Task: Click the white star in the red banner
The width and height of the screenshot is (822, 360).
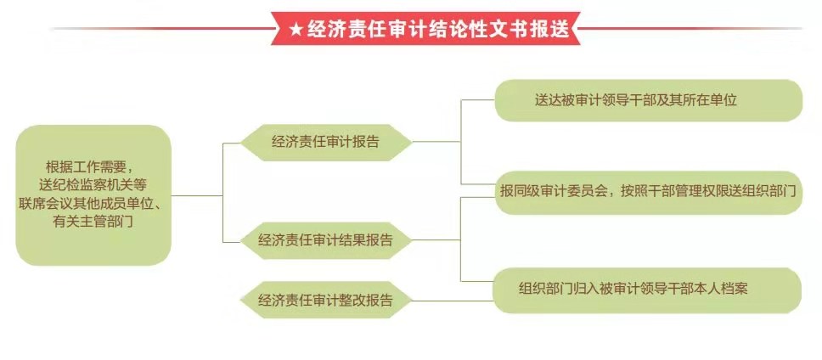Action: (296, 30)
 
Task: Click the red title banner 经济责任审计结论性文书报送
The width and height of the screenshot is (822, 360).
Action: (425, 28)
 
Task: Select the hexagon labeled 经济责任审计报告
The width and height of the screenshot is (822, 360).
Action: (325, 143)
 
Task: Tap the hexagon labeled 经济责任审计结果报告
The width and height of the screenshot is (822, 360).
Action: (325, 240)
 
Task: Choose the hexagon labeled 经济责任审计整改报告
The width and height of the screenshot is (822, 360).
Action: (325, 301)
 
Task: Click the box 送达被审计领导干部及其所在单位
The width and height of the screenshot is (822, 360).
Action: (649, 100)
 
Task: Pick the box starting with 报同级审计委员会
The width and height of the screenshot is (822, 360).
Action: (649, 193)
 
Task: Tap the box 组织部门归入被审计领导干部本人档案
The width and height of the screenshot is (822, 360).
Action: (647, 290)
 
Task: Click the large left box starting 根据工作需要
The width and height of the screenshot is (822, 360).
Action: (93, 195)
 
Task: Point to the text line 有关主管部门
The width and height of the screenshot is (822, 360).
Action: (93, 222)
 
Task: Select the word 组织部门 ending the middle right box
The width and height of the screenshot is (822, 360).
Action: (769, 191)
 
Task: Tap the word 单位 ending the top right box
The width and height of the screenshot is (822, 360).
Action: (723, 100)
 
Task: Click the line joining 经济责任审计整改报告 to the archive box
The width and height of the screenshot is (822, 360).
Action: (453, 301)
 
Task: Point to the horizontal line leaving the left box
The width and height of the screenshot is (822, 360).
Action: (197, 195)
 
